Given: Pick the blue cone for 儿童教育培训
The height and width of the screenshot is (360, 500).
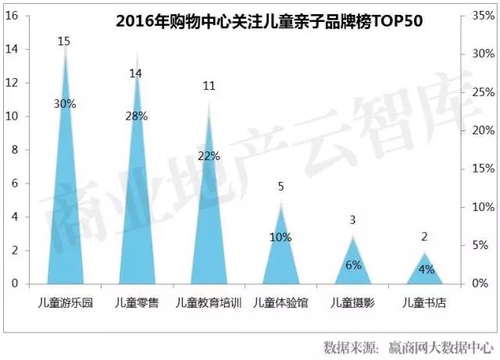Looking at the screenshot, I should coord(209,226).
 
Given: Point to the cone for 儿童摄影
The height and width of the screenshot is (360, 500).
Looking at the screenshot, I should coord(353,266).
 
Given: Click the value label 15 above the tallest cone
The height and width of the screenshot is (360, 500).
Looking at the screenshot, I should coord(65,41).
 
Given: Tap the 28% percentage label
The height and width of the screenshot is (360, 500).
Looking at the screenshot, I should coord(137,116).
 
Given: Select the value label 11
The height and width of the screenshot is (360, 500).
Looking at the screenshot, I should coord(209,86).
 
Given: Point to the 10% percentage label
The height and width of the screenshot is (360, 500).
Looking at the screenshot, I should coord(280,237).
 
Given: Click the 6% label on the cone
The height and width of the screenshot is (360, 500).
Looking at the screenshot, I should coord(353,265).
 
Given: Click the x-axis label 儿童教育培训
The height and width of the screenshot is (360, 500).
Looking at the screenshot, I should coord(209,302).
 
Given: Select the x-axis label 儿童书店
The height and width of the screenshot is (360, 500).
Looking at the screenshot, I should coord(424,302).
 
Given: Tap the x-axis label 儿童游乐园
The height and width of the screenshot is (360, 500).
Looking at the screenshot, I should coord(65,302).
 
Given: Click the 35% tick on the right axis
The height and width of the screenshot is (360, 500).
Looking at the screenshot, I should coord(484,16).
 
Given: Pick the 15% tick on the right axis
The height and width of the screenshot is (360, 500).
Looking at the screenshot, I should coord(484,169).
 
